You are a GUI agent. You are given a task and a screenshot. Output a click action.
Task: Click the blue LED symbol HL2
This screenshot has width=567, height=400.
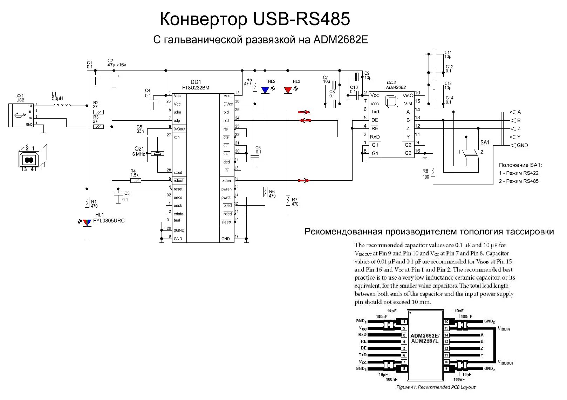pyautogui.click(x=265, y=91)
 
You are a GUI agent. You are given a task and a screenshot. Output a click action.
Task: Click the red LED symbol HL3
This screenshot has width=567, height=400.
pyautogui.click(x=288, y=91)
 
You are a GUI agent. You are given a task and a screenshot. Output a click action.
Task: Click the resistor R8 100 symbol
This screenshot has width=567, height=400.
pyautogui.click(x=433, y=171)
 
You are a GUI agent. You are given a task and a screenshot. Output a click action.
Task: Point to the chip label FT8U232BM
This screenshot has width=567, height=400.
pyautogui.click(x=196, y=88)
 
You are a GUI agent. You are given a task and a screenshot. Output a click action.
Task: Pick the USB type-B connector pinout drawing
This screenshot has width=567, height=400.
pyautogui.click(x=32, y=157)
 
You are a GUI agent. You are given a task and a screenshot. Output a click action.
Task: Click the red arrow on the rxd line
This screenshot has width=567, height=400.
pyautogui.click(x=305, y=120)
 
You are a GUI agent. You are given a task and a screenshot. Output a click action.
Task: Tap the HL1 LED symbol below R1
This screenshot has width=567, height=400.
pyautogui.click(x=87, y=222)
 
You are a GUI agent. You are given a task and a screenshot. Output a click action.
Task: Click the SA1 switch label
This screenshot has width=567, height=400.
pyautogui.click(x=485, y=142)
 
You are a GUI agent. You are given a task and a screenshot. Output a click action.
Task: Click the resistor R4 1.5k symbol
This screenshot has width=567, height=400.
pyautogui.click(x=136, y=180)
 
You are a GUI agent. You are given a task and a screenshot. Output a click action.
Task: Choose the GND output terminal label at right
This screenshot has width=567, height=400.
pyautogui.click(x=522, y=145)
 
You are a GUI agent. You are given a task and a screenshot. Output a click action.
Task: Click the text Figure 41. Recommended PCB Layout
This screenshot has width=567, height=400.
pyautogui.click(x=436, y=387)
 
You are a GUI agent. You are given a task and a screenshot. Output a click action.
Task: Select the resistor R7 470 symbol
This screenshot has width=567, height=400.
pyautogui.click(x=288, y=201)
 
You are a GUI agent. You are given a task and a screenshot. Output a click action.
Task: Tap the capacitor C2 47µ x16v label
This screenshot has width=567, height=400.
pyautogui.click(x=117, y=63)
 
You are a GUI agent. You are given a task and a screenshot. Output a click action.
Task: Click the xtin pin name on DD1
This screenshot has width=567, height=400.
pyautogui.click(x=177, y=137)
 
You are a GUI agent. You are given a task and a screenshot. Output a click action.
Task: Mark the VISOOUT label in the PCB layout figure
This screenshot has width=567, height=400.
pyautogui.click(x=506, y=362)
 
